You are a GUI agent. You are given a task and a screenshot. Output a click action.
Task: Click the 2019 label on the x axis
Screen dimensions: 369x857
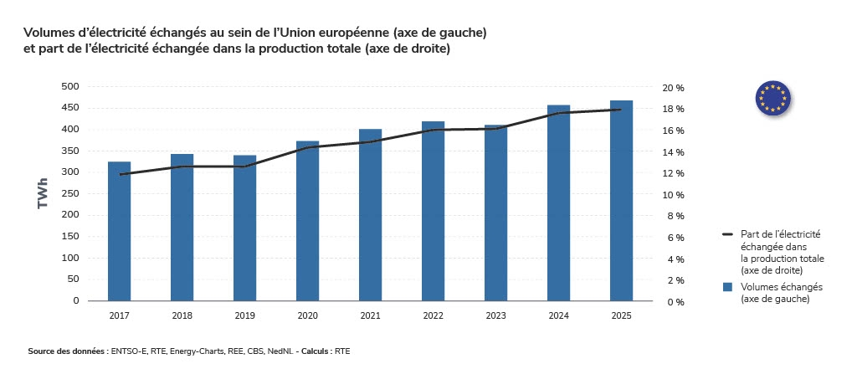click(x=244, y=316)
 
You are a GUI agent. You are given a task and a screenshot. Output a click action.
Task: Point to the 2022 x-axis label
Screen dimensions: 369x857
click(x=433, y=316)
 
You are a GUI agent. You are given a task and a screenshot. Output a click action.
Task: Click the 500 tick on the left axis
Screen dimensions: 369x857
click(x=70, y=86)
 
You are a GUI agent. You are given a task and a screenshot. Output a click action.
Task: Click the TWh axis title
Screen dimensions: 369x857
click(x=42, y=193)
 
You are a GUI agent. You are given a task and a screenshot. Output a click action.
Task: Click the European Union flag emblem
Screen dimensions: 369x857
click(x=772, y=98)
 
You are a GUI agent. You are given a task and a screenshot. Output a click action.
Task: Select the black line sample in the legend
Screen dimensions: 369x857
click(x=727, y=235)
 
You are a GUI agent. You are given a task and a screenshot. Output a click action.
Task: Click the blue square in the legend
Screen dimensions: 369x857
click(x=727, y=287)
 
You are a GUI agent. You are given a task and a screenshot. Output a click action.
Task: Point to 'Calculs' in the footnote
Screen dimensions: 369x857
click(x=316, y=351)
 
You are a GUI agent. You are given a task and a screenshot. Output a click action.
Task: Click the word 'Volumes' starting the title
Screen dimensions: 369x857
click(x=53, y=33)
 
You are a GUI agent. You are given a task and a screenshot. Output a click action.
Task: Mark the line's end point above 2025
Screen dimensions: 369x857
click(x=621, y=110)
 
